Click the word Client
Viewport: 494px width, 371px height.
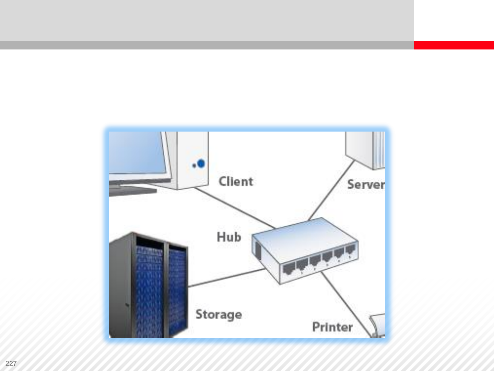236,181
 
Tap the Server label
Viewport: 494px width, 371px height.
366,184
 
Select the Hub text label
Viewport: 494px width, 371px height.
229,237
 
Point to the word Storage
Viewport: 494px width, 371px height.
219,315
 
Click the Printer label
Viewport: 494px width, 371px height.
332,327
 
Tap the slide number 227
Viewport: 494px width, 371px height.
11,363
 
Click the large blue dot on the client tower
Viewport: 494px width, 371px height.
201,164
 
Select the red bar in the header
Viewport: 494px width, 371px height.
454,45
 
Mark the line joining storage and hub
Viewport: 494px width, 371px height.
226,278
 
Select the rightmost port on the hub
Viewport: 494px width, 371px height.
350,250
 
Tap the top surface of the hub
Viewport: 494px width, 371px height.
305,237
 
